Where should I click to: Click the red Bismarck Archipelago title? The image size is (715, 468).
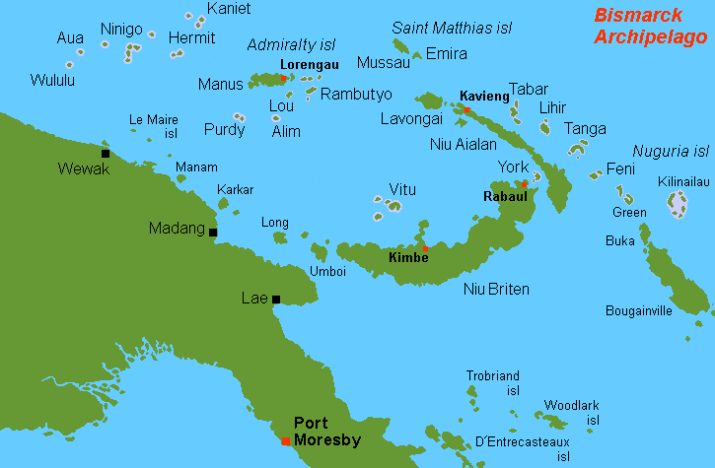[x=650, y=27]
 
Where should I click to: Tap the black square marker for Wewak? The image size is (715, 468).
[x=106, y=153]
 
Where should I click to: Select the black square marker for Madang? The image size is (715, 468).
[x=213, y=233]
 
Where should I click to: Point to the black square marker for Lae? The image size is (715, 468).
[x=276, y=299]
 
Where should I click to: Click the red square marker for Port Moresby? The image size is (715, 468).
[x=285, y=440]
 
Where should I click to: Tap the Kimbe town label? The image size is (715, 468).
[x=408, y=257]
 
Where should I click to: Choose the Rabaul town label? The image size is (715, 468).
[x=505, y=196]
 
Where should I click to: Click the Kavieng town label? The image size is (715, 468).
[x=484, y=96]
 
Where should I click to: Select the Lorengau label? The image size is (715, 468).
[x=310, y=64]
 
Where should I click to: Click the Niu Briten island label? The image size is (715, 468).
[x=496, y=289]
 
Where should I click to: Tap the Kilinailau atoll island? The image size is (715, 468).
[x=678, y=204]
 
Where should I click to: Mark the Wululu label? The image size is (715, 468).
[x=52, y=80]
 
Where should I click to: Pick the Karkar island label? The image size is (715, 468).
[x=235, y=189]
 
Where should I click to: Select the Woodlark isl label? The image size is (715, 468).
[x=572, y=412]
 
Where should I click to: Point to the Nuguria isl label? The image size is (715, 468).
[x=671, y=151]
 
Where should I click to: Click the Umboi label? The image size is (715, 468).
[x=328, y=270]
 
